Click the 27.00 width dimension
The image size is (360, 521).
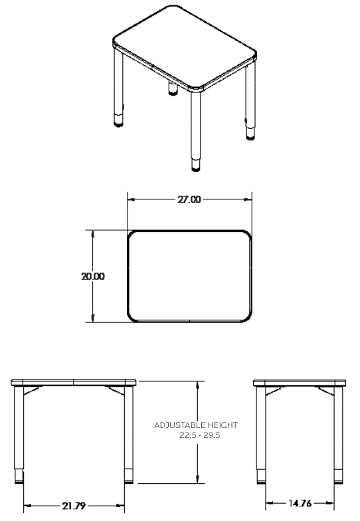189,199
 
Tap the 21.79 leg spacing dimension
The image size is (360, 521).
74,506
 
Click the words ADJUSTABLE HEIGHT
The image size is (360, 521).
195,425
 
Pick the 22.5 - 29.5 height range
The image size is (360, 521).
197,435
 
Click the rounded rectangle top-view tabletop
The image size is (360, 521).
189,276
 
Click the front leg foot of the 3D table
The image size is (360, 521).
196,166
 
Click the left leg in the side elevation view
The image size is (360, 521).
260,432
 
